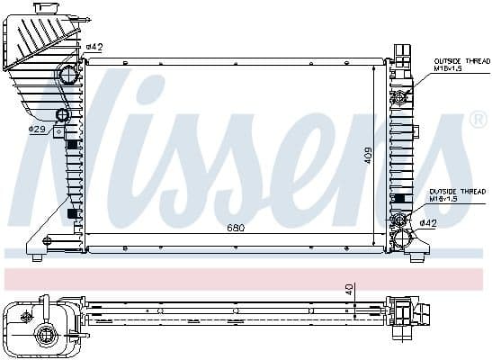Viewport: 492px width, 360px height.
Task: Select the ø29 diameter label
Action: pyautogui.click(x=37, y=130)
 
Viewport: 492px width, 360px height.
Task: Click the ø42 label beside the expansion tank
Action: pyautogui.click(x=94, y=47)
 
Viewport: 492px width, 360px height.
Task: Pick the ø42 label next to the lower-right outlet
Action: pyautogui.click(x=428, y=223)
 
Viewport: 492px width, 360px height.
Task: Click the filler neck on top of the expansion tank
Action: pyautogui.click(x=44, y=8)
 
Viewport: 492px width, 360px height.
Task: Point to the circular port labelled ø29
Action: pyautogui.click(x=62, y=115)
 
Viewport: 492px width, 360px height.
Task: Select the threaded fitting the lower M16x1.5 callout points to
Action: pyautogui.click(x=398, y=219)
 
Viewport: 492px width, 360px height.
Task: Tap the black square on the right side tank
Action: pyautogui.click(x=398, y=198)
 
